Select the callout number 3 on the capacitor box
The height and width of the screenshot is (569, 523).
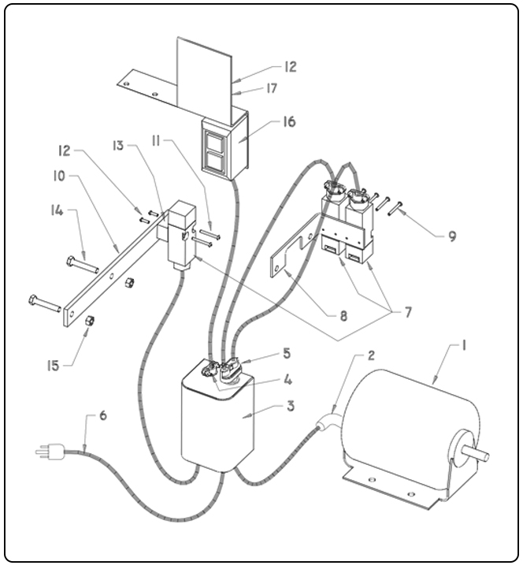pyautogui.click(x=268, y=407)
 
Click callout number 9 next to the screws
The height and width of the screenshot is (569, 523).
pyautogui.click(x=452, y=235)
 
